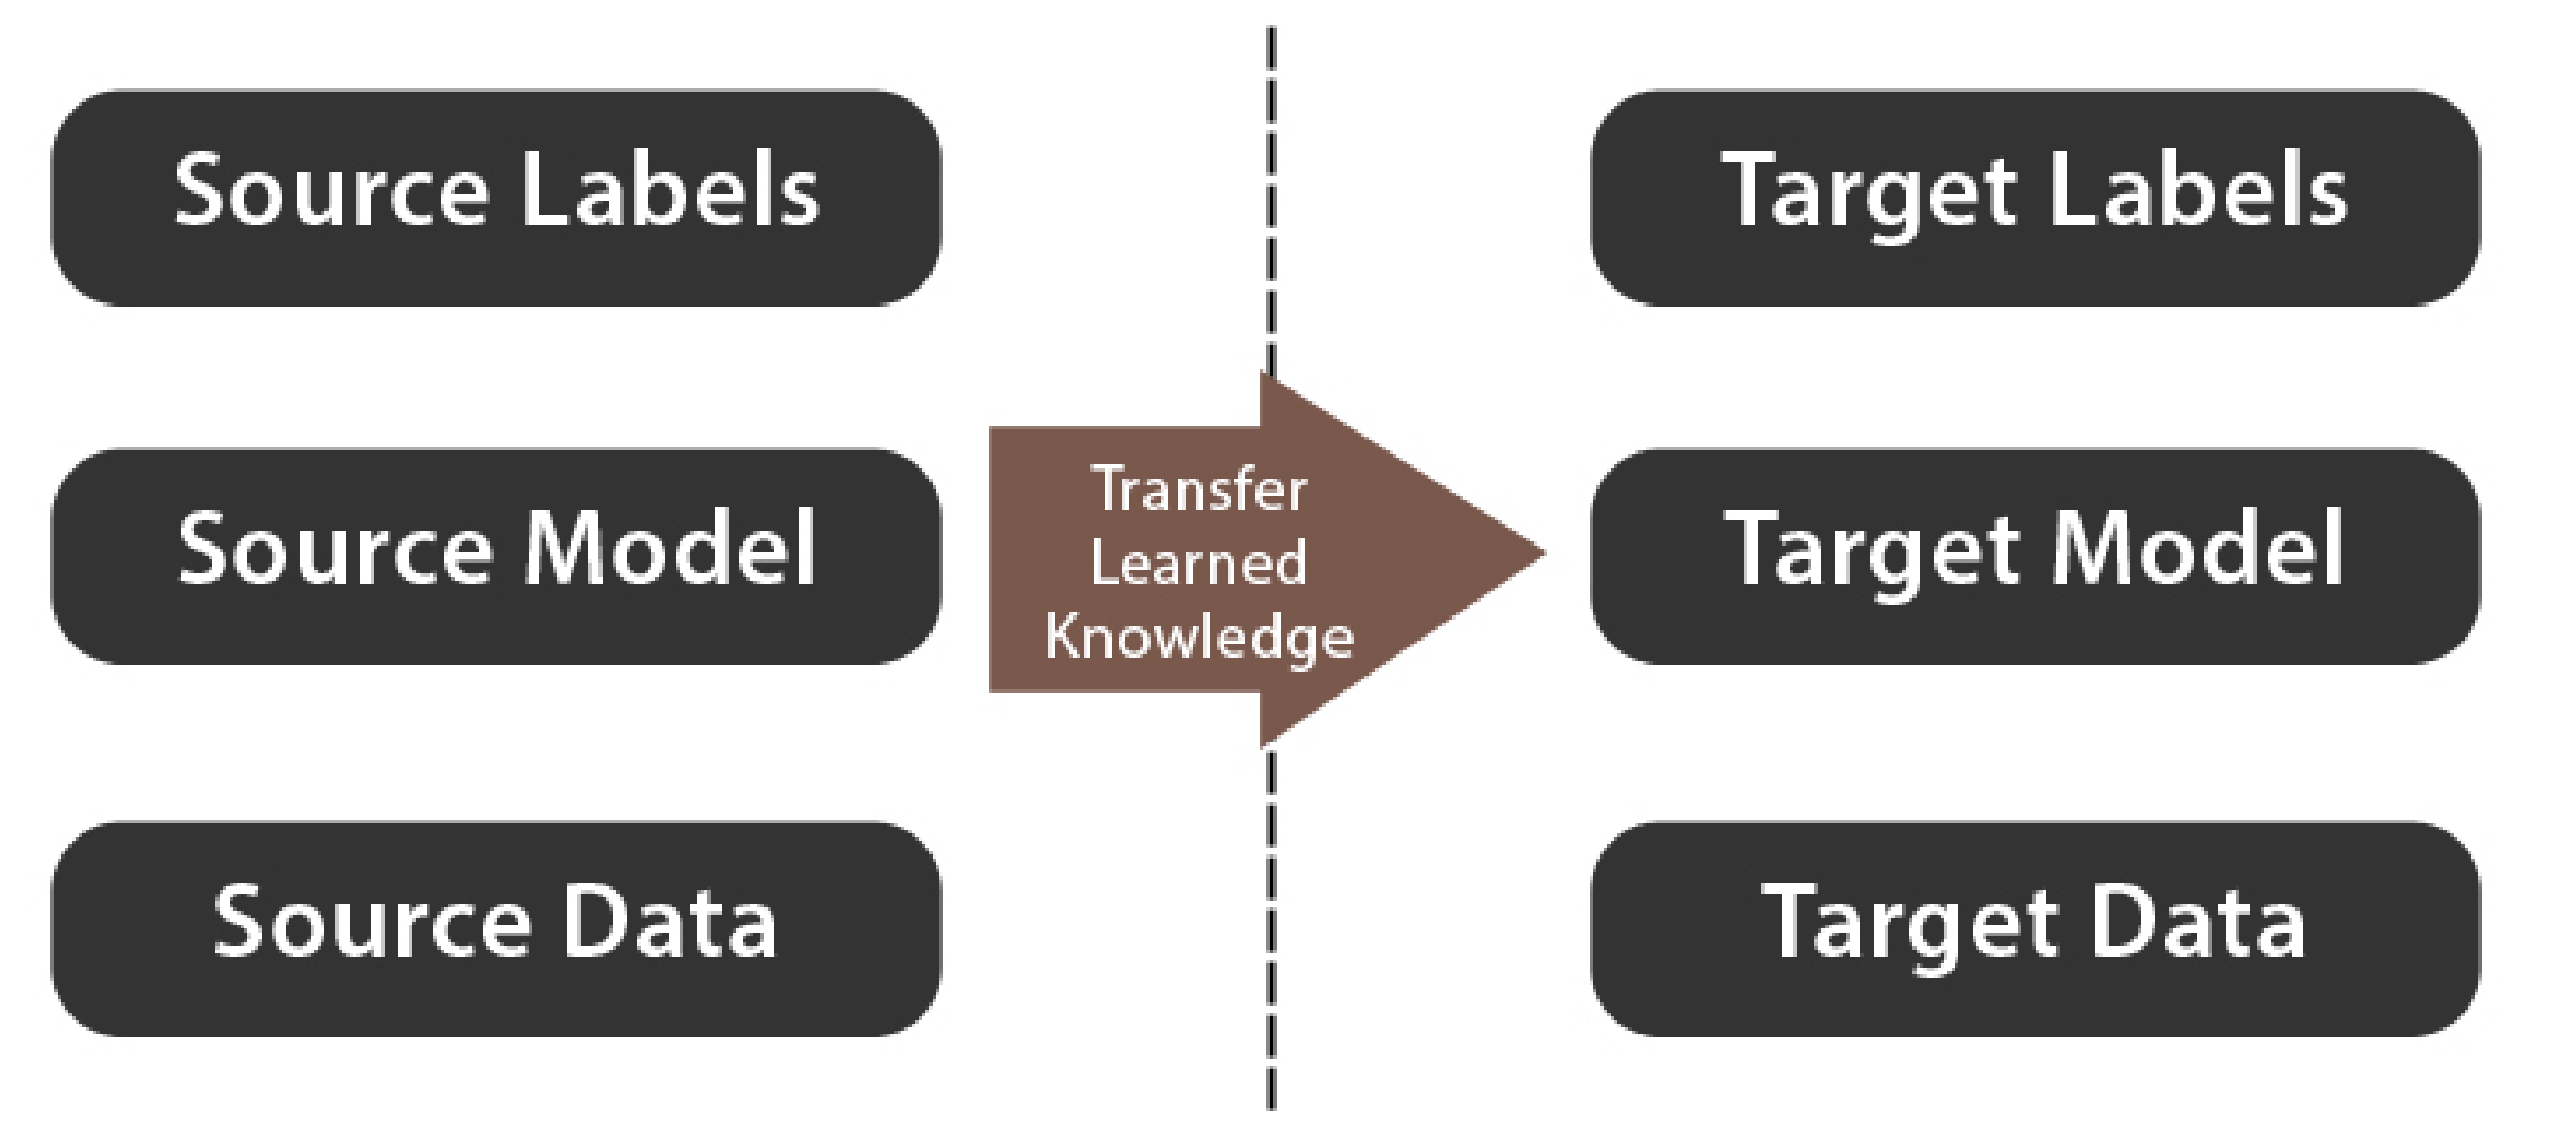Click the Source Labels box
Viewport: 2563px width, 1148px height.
497,197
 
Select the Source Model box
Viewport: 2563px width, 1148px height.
497,556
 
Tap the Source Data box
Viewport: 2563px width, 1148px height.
497,928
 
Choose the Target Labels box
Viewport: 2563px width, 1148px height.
2034,197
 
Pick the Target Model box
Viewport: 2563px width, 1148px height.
2034,556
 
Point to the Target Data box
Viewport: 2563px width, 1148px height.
2034,928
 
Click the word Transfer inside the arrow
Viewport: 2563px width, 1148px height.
1200,489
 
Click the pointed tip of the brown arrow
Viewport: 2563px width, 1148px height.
1545,554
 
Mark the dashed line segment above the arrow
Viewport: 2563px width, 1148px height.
1271,199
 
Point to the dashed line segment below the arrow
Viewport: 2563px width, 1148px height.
1271,929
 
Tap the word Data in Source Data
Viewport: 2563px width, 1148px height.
669,921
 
